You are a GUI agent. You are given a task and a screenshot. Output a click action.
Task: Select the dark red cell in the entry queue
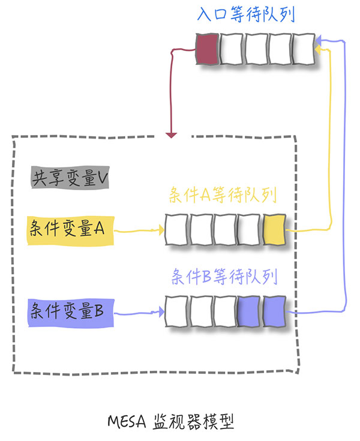(x=208, y=49)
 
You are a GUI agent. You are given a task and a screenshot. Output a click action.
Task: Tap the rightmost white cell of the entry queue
(x=302, y=49)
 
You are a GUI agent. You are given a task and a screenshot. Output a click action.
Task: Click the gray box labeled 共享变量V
(x=70, y=178)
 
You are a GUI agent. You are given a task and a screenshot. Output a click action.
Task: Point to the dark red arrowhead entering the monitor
(x=172, y=134)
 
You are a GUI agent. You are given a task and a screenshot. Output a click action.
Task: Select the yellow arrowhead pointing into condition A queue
(x=160, y=230)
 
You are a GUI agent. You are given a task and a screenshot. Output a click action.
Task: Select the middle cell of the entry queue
(x=256, y=49)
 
